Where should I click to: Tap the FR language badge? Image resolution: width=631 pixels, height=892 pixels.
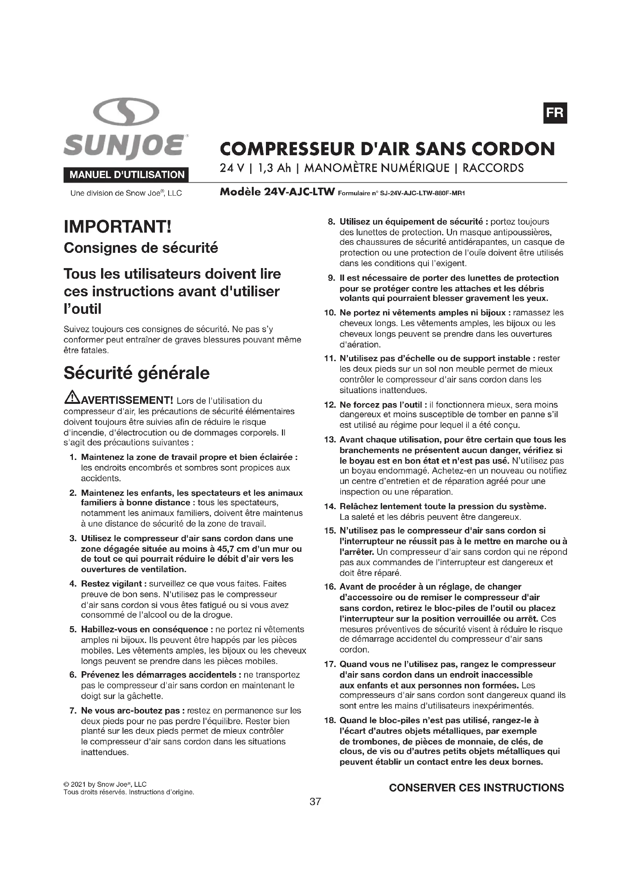pos(554,113)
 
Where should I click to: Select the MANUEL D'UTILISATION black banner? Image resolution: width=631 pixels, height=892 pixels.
pos(127,175)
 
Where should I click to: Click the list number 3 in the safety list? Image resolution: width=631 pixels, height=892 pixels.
pos(72,538)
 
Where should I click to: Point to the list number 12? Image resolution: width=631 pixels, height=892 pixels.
pos(330,405)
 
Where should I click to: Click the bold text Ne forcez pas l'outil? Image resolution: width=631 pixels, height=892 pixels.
pos(380,405)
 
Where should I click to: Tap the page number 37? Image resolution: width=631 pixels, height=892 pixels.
pos(315,802)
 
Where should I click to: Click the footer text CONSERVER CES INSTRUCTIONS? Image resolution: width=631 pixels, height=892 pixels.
pos(476,788)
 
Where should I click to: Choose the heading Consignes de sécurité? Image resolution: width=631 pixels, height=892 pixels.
pos(141,248)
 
